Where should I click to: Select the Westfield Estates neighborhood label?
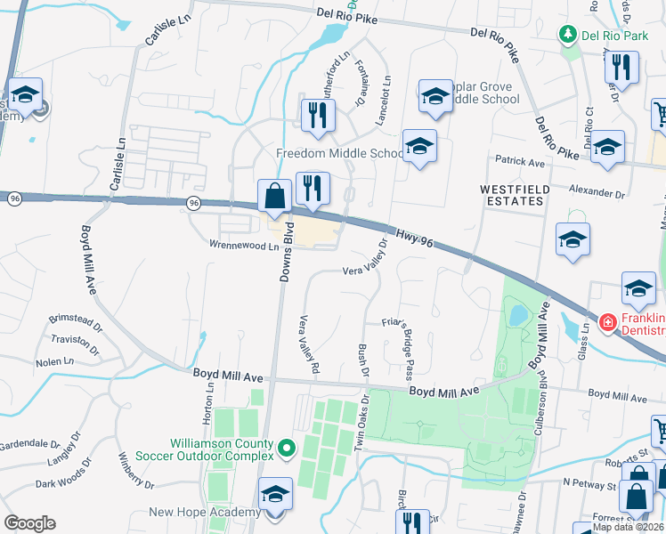(511, 196)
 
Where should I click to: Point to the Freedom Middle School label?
(340, 153)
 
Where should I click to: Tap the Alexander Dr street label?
(597, 192)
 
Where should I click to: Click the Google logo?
(30, 523)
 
